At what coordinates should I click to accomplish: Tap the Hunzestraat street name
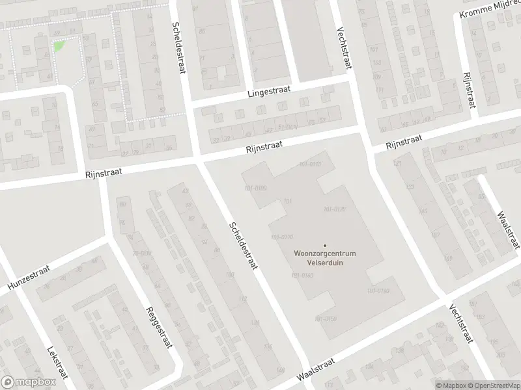click(x=29, y=278)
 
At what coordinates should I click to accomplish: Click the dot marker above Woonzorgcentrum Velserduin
click(x=325, y=245)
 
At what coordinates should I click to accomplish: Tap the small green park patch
click(x=59, y=46)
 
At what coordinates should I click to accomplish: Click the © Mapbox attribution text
click(x=451, y=385)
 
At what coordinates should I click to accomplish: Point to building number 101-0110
click(x=309, y=164)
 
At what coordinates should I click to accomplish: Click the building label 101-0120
click(x=333, y=209)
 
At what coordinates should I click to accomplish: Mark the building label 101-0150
click(x=325, y=318)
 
